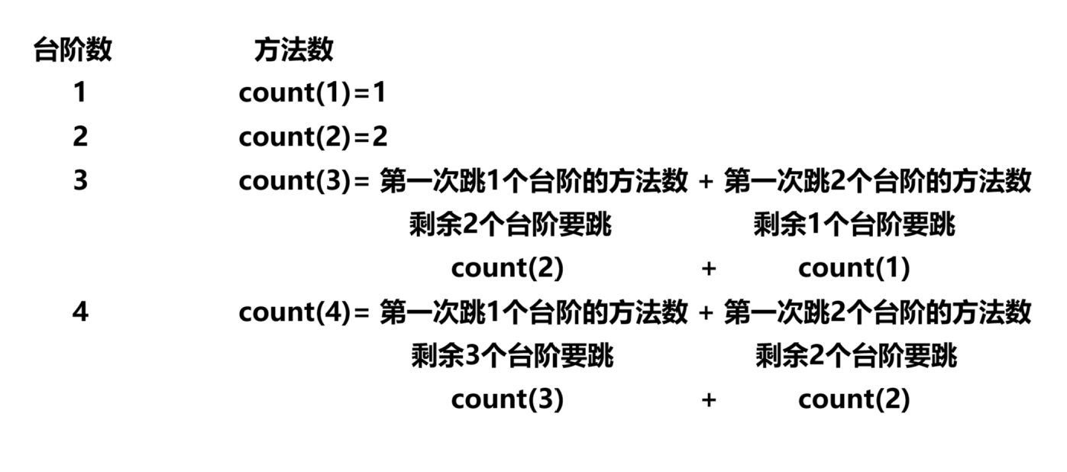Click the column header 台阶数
coord(73,50)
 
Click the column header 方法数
coord(293,50)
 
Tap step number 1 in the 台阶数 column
coord(79,93)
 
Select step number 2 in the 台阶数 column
coord(79,137)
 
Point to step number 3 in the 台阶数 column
coord(79,181)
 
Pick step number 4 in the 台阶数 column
coord(79,312)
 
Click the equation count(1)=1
coord(312,93)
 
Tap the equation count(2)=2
coord(312,137)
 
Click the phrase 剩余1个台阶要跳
coord(854,225)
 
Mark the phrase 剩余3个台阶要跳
coord(512,356)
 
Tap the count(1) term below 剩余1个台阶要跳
coord(854,268)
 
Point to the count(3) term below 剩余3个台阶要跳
coord(507,399)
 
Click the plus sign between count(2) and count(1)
coord(708,269)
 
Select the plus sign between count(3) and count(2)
coord(708,399)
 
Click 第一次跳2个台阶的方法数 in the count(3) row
coord(878,182)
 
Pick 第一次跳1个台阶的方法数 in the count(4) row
coord(533,312)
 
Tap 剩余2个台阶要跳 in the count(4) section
coord(855,356)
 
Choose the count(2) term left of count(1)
coord(507,268)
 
